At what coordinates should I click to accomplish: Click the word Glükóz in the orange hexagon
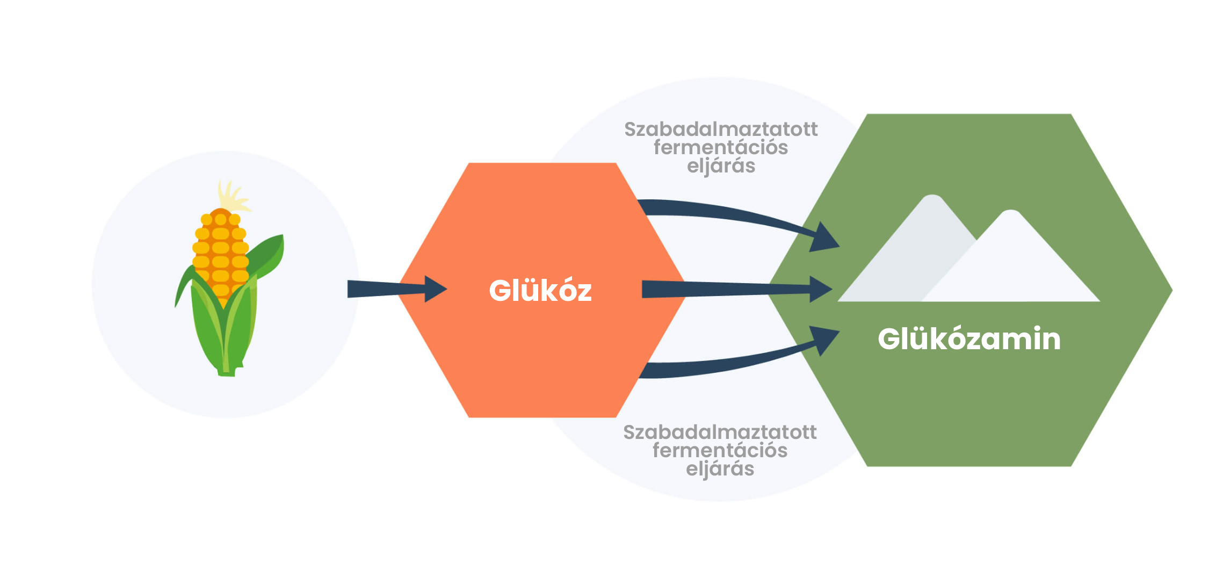click(540, 291)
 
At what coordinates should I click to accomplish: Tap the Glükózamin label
click(969, 339)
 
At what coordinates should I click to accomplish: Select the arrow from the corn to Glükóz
click(397, 289)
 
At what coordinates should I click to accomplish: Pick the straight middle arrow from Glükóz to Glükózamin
click(737, 289)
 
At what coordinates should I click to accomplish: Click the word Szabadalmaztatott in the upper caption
click(721, 129)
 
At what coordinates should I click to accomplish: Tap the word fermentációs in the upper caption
click(721, 148)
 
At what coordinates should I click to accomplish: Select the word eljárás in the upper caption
click(721, 167)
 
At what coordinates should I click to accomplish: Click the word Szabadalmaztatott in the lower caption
click(720, 432)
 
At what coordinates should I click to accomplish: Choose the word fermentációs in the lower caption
click(720, 451)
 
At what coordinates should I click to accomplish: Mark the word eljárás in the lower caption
click(720, 470)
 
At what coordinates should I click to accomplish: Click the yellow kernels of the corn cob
click(221, 253)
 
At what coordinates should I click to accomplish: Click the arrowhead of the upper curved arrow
click(824, 237)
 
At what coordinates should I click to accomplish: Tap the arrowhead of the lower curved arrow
click(824, 341)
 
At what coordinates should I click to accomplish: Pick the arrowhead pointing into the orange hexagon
click(436, 289)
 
